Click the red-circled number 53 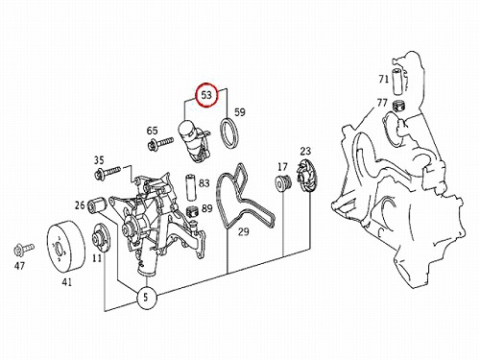click(206, 95)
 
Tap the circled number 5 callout click(146, 298)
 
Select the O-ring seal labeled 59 click(229, 133)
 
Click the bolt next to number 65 click(160, 143)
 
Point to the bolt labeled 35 click(108, 172)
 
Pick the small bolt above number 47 click(23, 250)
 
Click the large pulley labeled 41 click(66, 246)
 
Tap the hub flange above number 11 click(101, 239)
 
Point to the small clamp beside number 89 click(192, 211)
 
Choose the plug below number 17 click(283, 183)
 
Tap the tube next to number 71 click(397, 82)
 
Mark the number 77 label click(382, 103)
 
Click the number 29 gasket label click(243, 231)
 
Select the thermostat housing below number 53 click(193, 141)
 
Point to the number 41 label click(66, 282)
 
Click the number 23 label click(305, 151)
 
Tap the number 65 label click(152, 131)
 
